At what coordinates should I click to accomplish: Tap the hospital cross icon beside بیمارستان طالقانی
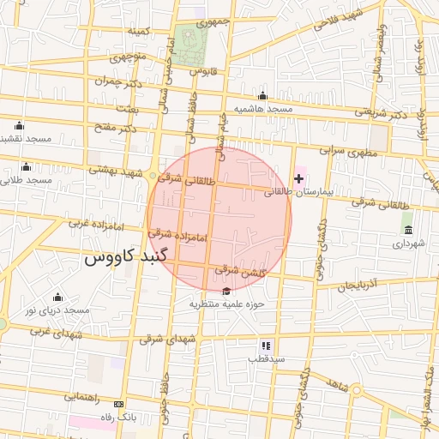coord(298,178)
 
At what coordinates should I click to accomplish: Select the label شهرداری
coord(409,244)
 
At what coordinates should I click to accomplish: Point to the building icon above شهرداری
coord(407,230)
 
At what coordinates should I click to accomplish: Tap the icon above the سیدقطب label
coord(266,345)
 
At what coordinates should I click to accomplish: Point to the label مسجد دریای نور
coord(57,310)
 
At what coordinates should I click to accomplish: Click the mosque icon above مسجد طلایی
coord(27,166)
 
